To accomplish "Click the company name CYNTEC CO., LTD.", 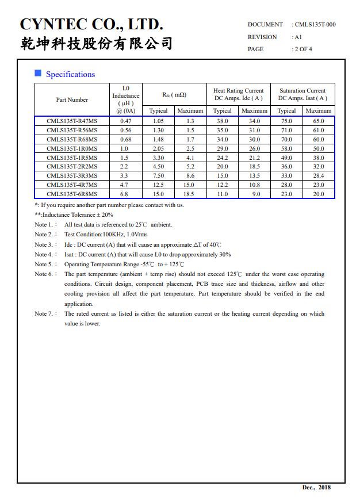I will click(91, 24).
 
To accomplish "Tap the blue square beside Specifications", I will click(38, 73).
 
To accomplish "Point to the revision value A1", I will click(298, 37).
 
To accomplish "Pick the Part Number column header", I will click(72, 100).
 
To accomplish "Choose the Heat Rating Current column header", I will click(238, 94).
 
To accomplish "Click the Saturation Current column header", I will click(302, 94).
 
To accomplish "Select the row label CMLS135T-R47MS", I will click(72, 121).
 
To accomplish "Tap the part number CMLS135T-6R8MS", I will click(72, 194).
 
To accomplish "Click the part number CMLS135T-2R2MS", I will click(72, 167).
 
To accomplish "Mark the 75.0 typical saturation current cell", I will click(286, 121).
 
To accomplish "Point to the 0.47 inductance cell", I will click(125, 121).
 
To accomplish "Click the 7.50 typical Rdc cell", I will click(158, 176).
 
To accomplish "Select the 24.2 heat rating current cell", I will click(222, 158).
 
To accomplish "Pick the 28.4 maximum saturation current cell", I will click(319, 176).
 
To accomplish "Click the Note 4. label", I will click(45, 254).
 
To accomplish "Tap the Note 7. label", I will click(45, 314).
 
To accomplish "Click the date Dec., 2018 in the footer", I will click(316, 488).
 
